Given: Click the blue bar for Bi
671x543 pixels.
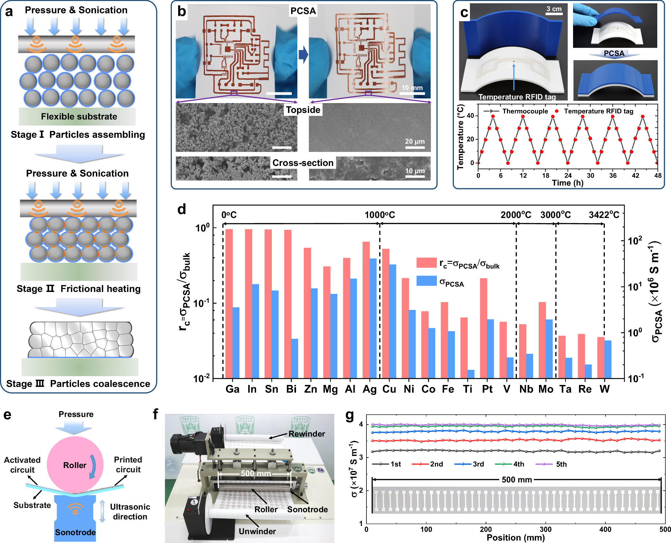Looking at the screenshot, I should coord(295,358).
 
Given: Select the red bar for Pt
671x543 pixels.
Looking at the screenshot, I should coord(483,328).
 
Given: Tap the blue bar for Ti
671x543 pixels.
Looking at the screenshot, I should coord(471,374).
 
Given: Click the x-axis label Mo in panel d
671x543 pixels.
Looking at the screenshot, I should coord(546,389).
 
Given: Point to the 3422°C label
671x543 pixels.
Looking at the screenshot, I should coord(604,215).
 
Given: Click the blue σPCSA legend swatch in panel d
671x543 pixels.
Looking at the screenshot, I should coord(426,281).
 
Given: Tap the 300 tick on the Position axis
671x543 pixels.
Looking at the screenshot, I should coord(546,529).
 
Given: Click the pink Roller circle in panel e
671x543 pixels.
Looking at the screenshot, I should coord(75,465).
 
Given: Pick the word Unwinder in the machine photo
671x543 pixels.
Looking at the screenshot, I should coord(257,531).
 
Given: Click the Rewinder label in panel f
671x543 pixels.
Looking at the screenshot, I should coord(307,434).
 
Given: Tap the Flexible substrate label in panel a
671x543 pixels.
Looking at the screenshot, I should coord(79,117).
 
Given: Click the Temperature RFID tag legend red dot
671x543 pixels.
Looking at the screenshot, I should coord(557,111).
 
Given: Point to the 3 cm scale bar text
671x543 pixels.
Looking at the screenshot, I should coord(554,9).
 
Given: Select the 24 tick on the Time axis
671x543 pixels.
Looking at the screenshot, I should coord(568,175).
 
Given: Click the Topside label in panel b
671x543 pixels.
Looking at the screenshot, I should coord(303,110).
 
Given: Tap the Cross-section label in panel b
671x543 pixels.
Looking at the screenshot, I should coord(303,163).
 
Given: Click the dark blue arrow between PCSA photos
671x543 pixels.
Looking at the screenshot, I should coord(303,54).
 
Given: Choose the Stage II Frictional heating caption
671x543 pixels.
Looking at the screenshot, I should coord(79,289).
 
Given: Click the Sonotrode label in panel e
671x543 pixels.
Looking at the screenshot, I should coord(75,532).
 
